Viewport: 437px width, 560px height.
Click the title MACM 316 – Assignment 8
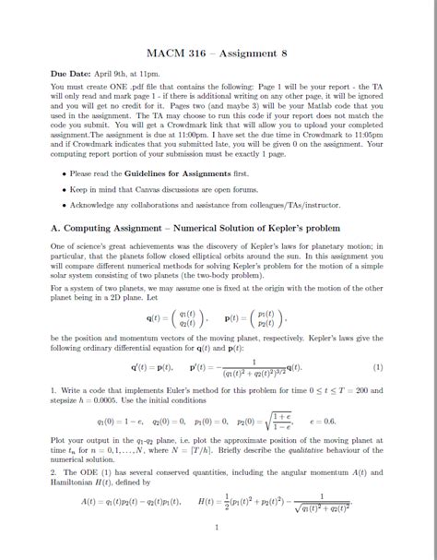tap(218, 52)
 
